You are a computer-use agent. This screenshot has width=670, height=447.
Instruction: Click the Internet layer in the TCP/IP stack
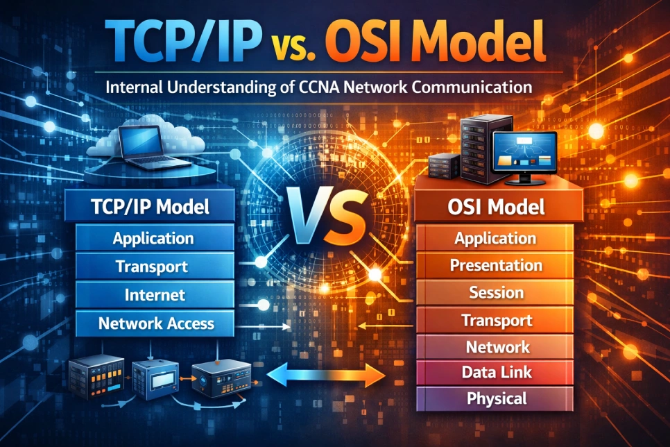[155, 294]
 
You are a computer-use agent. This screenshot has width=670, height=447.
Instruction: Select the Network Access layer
[156, 323]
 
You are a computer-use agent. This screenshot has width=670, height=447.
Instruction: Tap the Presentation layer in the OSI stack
[495, 265]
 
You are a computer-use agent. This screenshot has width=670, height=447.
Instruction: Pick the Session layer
[495, 292]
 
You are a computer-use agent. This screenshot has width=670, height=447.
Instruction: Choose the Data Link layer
[495, 372]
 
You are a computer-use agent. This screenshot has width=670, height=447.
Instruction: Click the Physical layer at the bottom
[495, 398]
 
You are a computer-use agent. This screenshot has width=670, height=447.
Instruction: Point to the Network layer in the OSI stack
[497, 346]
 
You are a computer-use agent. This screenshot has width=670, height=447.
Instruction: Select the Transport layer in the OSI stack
[497, 320]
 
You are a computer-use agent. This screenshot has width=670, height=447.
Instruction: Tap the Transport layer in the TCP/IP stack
[152, 267]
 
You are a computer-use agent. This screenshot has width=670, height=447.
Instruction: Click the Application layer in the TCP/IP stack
[153, 239]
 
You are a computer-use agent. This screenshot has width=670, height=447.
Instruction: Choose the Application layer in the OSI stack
[495, 239]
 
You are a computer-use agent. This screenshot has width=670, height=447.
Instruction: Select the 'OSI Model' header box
[495, 206]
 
